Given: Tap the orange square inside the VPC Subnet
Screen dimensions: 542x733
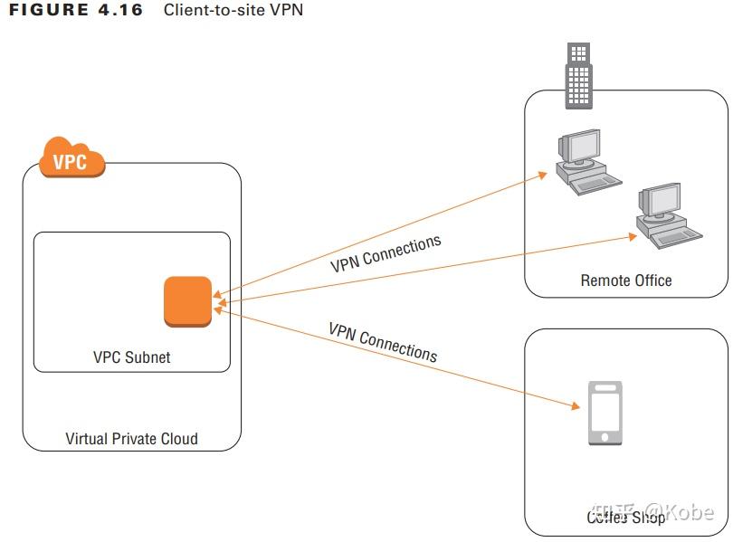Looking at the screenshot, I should coord(187,301).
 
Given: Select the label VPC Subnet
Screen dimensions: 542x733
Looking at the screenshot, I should coord(132,357).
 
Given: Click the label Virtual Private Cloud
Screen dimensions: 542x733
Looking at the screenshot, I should coord(132,439).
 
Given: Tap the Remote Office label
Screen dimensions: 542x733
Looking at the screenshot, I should coord(626,281).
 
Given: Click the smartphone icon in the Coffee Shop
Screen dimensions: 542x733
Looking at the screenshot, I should coord(605,413).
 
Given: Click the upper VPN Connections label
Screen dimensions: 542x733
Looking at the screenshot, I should coord(386,253).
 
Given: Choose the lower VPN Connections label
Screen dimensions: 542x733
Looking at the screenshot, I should coord(383,341).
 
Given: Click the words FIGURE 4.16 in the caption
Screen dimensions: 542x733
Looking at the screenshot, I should coord(75,11).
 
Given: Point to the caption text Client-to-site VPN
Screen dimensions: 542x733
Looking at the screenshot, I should coord(233,11).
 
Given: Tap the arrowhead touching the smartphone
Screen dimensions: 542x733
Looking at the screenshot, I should coord(573,405).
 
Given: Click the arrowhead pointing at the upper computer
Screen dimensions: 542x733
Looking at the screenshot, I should coord(542,173).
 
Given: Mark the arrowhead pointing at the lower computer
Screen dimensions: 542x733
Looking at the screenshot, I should coord(634,237).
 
